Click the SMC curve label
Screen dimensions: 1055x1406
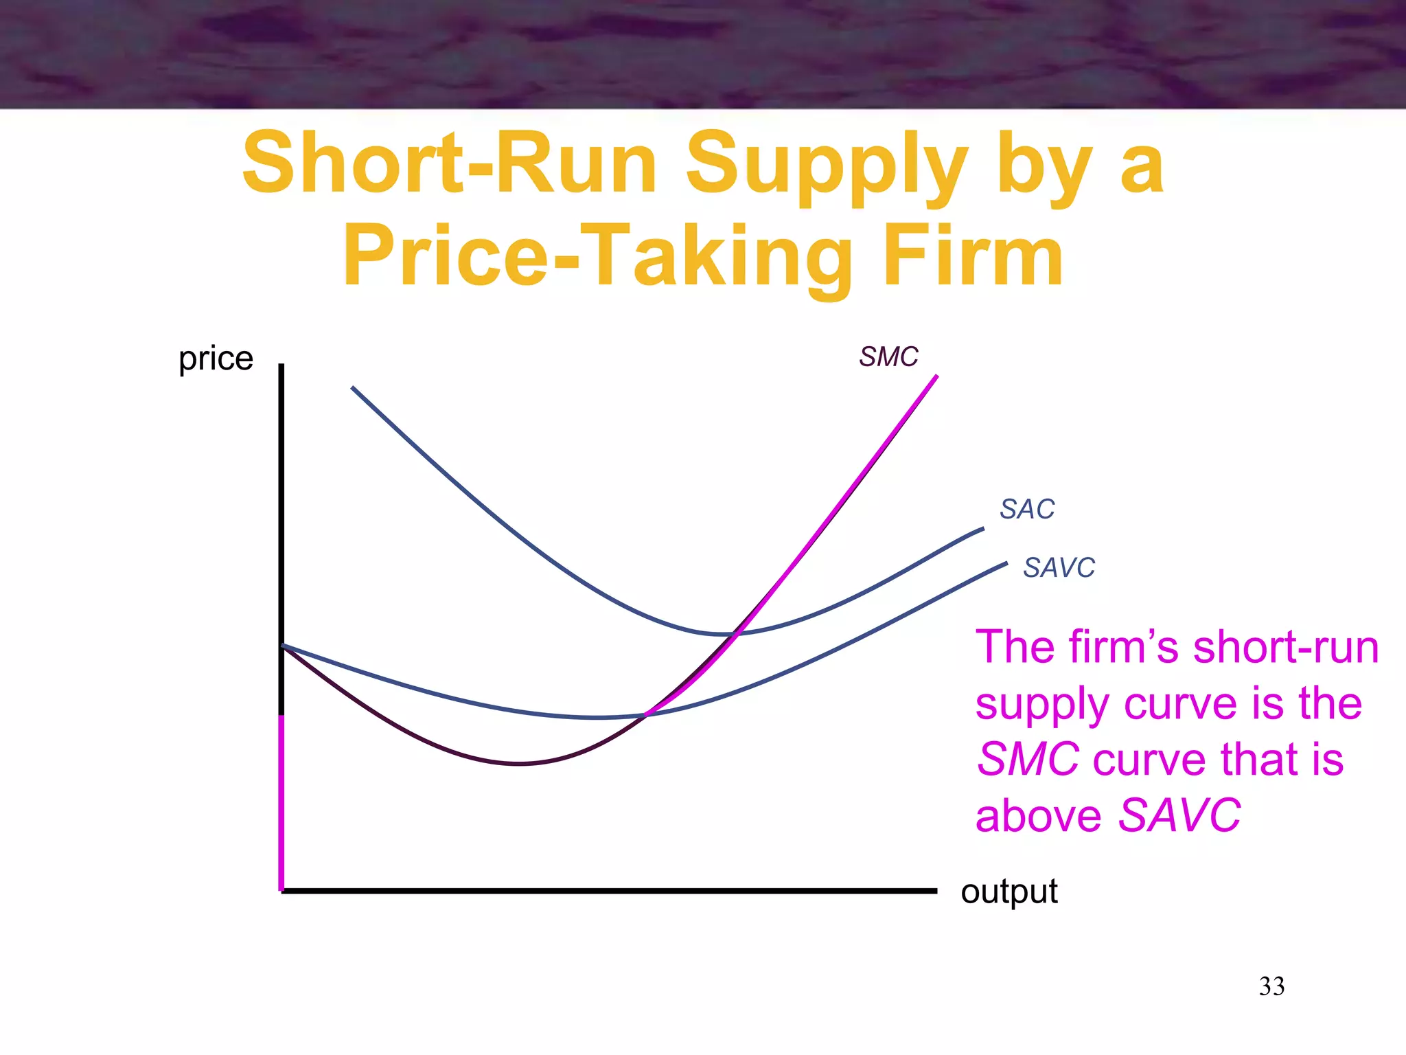tap(888, 357)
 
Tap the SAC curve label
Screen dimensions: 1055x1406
tap(1026, 509)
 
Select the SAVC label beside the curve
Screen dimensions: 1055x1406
tap(1059, 568)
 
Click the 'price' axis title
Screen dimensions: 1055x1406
tap(216, 359)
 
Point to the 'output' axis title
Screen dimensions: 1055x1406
tap(1009, 892)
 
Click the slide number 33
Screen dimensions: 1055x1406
tap(1271, 986)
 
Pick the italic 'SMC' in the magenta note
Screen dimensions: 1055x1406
tap(1027, 760)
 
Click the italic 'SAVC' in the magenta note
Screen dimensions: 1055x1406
tap(1179, 816)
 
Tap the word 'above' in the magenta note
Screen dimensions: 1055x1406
tap(1038, 816)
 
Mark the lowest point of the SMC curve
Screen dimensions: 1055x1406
tap(520, 763)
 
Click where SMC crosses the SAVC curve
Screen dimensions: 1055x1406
tap(645, 715)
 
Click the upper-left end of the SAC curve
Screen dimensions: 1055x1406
tap(353, 388)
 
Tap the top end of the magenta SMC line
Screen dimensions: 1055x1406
tap(936, 376)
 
